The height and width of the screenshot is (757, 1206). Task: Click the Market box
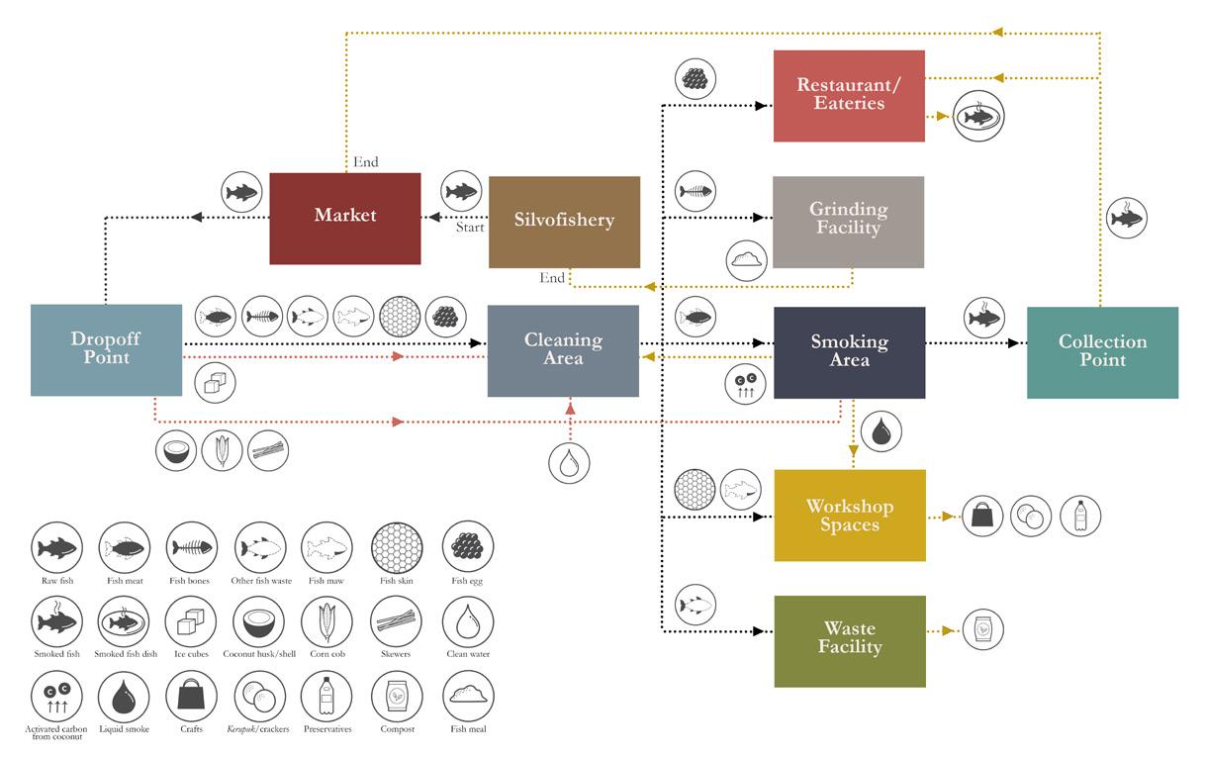click(x=344, y=218)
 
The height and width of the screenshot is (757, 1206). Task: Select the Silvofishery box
click(x=564, y=222)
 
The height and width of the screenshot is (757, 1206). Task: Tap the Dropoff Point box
click(x=106, y=350)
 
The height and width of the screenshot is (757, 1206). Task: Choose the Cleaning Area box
click(x=563, y=350)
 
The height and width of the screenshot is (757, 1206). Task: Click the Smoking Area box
click(x=849, y=352)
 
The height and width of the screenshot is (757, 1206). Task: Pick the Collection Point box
click(x=1102, y=352)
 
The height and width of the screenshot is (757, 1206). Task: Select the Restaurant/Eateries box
click(x=849, y=96)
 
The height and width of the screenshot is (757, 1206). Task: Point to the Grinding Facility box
click(x=848, y=222)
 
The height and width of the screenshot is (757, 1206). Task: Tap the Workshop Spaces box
click(x=849, y=516)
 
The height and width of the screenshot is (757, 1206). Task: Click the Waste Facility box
click(x=849, y=640)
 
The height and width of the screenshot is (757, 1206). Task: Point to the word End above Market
click(x=365, y=162)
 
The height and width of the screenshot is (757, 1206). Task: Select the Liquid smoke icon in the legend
click(x=124, y=698)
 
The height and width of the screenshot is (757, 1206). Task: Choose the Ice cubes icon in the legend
click(x=191, y=622)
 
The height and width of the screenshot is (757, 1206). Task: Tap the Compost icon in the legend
click(x=396, y=698)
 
